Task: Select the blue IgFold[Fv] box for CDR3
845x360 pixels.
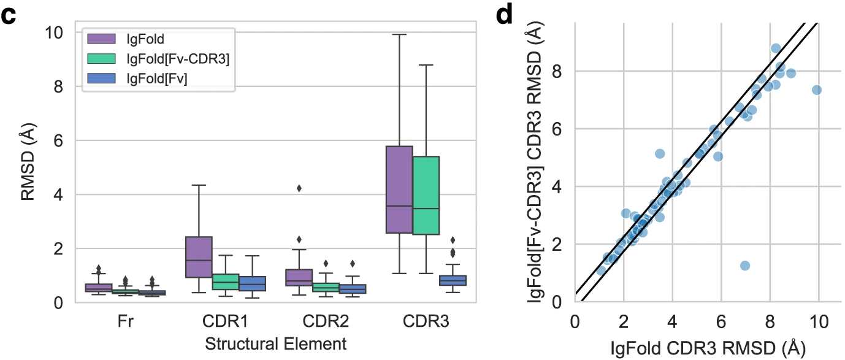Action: pos(453,280)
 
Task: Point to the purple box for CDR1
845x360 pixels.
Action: pos(199,257)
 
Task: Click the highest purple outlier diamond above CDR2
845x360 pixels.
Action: pos(299,188)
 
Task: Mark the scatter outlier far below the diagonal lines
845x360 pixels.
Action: pos(745,266)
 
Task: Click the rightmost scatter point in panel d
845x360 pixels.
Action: pos(816,90)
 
